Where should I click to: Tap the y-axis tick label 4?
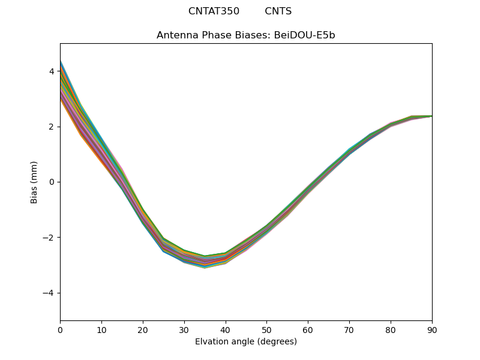[52, 71]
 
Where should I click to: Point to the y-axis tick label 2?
[52, 127]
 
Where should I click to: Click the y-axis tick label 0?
[52, 182]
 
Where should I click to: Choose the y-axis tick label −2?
[49, 238]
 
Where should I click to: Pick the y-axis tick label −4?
[49, 293]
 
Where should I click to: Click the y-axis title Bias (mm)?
[34, 182]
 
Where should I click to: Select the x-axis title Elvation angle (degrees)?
[246, 341]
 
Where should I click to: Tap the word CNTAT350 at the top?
[214, 11]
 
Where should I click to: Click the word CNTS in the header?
[278, 11]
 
